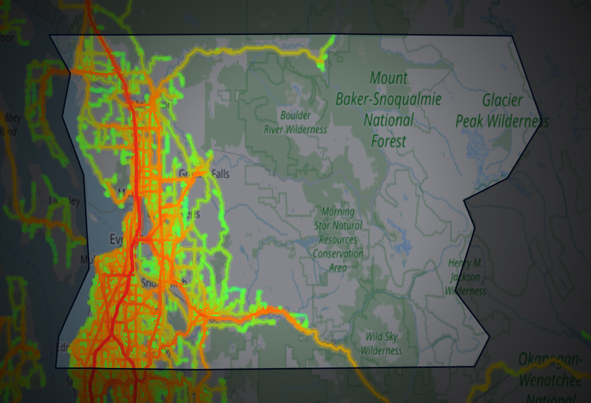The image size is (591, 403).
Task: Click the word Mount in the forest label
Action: [388, 78]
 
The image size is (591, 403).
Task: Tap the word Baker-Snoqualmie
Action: [388, 99]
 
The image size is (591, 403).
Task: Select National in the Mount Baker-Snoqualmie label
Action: [388, 120]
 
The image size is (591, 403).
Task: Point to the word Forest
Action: [388, 141]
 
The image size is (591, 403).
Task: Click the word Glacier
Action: [502, 100]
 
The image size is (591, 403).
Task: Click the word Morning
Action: [338, 211]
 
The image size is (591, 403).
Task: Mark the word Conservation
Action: [338, 254]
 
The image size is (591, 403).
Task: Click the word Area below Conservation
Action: [338, 267]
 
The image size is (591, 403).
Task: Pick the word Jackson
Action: [465, 277]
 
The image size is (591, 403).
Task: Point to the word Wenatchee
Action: [551, 379]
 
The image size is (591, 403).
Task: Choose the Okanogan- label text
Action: [551, 360]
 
